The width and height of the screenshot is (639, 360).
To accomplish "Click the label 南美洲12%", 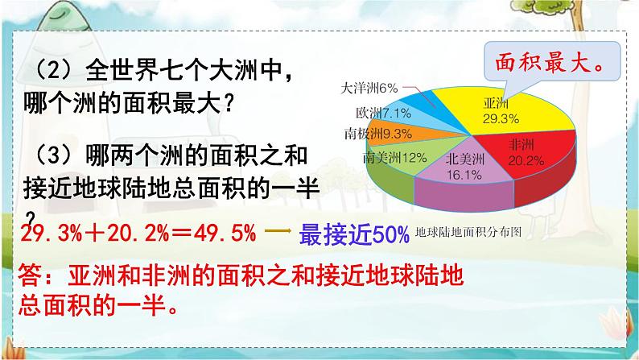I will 393,156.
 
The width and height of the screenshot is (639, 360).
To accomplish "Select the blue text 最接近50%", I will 355,234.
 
